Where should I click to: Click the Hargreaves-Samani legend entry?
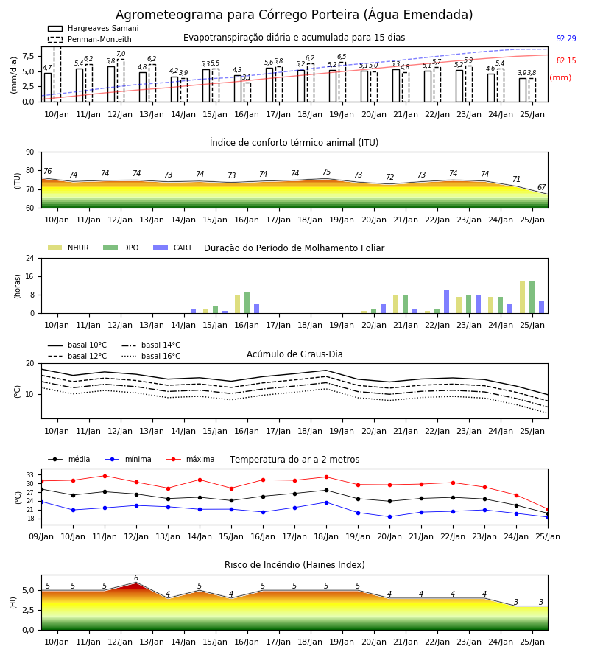(94, 28)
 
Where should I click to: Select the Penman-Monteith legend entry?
(90, 39)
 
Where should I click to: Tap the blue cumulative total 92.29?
(566, 38)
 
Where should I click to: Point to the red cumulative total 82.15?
(566, 60)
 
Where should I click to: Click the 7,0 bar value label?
(121, 54)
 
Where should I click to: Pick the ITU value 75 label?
(327, 172)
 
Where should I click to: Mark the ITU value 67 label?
(541, 187)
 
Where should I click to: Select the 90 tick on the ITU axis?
(30, 152)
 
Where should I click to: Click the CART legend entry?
(173, 248)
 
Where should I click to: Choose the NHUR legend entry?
(68, 248)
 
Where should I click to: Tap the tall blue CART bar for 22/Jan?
(447, 302)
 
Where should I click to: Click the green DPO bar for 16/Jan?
(247, 303)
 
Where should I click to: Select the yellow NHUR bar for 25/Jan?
(522, 298)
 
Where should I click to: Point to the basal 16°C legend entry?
(151, 356)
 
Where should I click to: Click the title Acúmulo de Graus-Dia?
(294, 354)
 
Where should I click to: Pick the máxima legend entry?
(190, 459)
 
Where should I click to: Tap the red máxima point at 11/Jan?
(105, 476)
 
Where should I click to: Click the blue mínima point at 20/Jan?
(389, 516)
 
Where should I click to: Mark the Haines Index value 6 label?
(136, 578)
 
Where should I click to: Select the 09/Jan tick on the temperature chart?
(41, 536)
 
